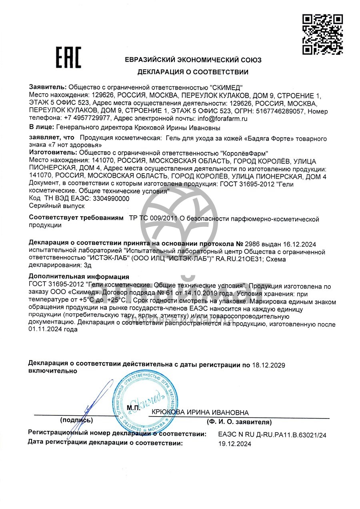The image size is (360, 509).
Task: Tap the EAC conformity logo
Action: coord(68,57)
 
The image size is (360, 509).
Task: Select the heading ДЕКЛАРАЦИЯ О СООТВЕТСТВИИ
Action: coord(193,72)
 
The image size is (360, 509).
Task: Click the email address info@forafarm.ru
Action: coord(222,118)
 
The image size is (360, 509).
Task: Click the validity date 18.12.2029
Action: coord(268,365)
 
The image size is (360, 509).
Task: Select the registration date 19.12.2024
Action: coord(235,443)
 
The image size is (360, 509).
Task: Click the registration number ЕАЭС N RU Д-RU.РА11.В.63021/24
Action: coord(272,435)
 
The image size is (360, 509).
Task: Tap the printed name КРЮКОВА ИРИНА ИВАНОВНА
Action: coord(200,413)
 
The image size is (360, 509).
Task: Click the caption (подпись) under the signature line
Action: coord(76,421)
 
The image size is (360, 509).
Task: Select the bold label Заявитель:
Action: coord(48,86)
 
